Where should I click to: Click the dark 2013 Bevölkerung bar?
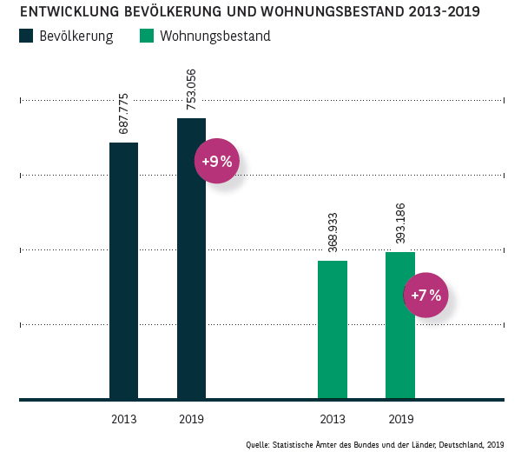tap(123, 269)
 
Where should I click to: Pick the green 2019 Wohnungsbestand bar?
tap(400, 325)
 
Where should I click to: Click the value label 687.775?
tap(124, 115)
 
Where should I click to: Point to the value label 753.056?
tap(192, 90)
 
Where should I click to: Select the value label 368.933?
tap(333, 233)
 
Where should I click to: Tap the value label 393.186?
tap(401, 224)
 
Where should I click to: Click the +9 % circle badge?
tap(216, 161)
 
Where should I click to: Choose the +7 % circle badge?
tap(425, 295)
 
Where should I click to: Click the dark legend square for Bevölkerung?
tap(24, 37)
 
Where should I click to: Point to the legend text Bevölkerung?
tap(76, 37)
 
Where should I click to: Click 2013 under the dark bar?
tap(123, 419)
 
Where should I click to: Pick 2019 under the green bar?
tap(400, 419)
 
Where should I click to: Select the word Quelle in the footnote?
tap(257, 444)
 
